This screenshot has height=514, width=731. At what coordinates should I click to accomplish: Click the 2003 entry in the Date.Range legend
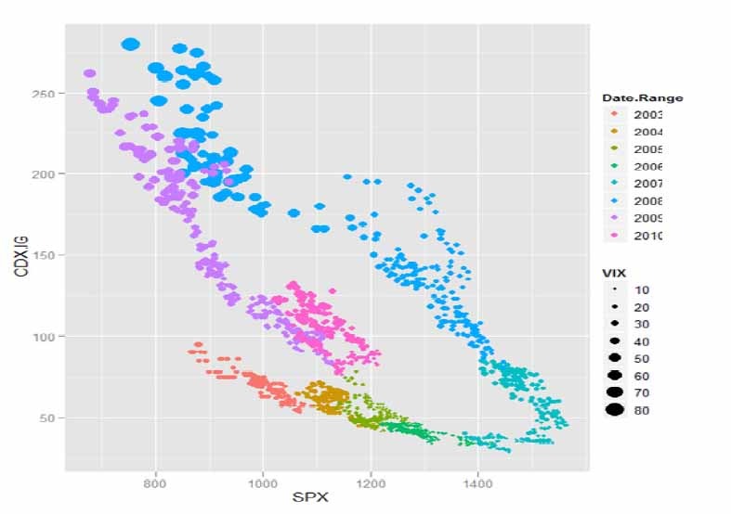(646, 114)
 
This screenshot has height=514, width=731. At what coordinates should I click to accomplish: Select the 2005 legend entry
(646, 149)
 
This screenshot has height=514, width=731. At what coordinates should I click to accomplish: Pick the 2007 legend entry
(646, 184)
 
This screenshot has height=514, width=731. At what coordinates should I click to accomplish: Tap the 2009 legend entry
(646, 219)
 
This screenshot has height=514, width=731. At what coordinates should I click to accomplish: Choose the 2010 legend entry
(646, 236)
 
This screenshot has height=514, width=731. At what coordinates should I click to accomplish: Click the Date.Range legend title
(643, 97)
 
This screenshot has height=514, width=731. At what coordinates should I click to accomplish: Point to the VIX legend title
(614, 273)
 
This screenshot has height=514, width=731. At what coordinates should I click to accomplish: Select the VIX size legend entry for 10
(641, 289)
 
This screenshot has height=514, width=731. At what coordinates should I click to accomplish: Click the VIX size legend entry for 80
(641, 410)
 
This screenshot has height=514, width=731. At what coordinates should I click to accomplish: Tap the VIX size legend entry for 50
(641, 358)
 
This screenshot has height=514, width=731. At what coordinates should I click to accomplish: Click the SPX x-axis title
(310, 497)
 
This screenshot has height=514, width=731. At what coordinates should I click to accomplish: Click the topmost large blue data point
(130, 44)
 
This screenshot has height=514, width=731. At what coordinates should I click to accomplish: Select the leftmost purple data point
(90, 73)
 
